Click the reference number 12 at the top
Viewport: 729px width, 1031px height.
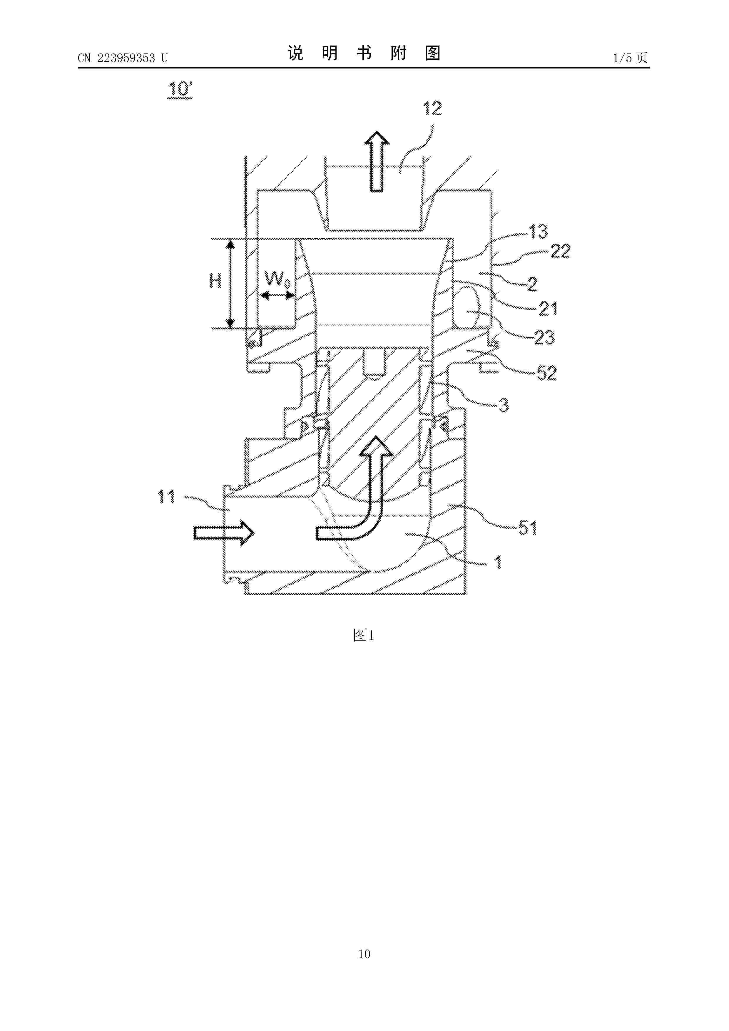[x=432, y=109]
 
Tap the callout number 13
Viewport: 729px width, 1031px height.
[x=538, y=231]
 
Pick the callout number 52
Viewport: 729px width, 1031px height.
[x=547, y=373]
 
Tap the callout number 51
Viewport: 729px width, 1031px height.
[x=528, y=528]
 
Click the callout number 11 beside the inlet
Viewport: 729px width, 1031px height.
[x=166, y=497]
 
